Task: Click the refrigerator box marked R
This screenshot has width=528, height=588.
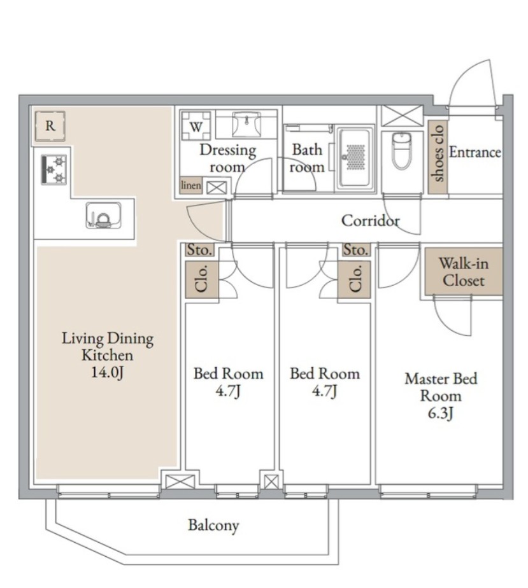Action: [x=50, y=126]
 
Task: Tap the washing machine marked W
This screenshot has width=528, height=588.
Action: [x=196, y=126]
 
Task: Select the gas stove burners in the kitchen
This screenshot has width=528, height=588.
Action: [x=54, y=169]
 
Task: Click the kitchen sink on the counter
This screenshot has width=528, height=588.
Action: [x=103, y=215]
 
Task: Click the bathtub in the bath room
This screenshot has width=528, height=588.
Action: [x=355, y=158]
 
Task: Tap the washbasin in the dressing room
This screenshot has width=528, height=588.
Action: [x=246, y=125]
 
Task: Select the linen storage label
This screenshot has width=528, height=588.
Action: [x=191, y=185]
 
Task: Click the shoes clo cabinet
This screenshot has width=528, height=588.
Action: [x=438, y=157]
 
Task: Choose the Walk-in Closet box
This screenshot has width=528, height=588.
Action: [x=464, y=272]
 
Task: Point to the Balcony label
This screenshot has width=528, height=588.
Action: [x=213, y=526]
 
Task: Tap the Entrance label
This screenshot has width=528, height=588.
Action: [x=474, y=152]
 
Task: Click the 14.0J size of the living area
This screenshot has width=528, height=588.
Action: [x=108, y=372]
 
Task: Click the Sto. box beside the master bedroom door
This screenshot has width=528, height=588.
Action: [x=356, y=249]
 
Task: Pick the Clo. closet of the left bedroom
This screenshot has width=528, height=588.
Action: [x=202, y=279]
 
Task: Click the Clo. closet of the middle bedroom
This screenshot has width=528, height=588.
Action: [x=354, y=279]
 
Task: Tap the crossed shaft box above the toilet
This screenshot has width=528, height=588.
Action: [x=403, y=116]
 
